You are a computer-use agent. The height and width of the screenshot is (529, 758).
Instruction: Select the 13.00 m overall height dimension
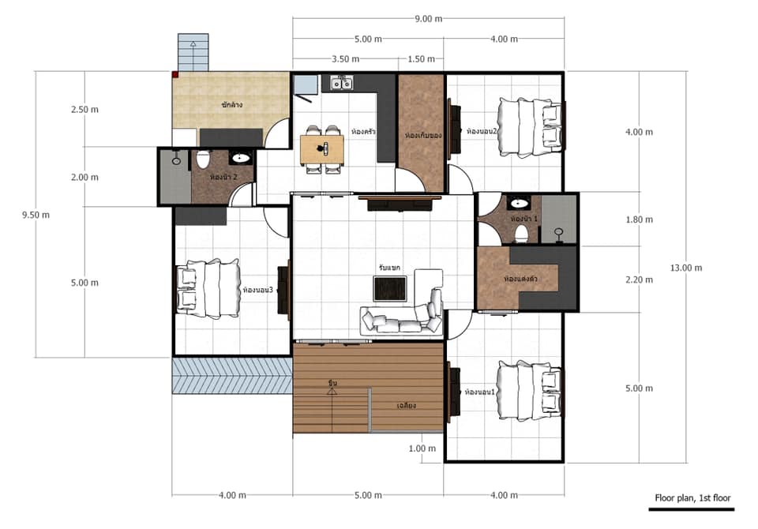tap(686, 268)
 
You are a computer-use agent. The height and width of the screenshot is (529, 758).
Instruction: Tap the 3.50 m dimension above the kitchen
tap(345, 59)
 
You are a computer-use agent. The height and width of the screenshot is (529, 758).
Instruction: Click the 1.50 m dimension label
tap(422, 59)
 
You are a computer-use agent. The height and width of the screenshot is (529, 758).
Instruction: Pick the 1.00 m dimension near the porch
tap(422, 448)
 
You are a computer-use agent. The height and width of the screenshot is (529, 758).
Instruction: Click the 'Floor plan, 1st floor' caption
tap(692, 498)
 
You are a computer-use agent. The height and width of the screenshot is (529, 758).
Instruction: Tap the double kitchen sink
tap(341, 82)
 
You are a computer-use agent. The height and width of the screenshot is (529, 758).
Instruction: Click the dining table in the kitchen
tap(322, 148)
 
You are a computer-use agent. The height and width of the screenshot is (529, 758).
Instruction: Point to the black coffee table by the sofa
tap(390, 288)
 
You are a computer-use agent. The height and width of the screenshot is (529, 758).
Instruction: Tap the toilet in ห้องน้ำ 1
tap(521, 232)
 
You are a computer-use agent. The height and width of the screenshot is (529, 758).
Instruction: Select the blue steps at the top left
tap(193, 53)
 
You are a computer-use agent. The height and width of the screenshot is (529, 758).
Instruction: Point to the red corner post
tap(174, 75)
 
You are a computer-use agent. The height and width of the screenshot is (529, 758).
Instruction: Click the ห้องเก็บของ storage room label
tap(422, 135)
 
